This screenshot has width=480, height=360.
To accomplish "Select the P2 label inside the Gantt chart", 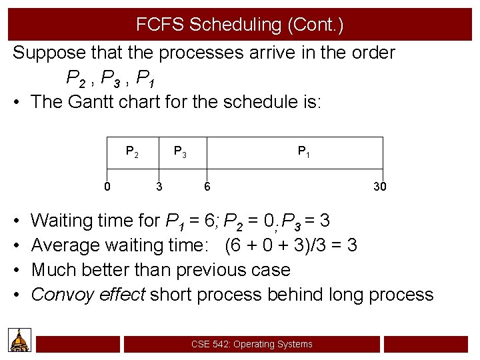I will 132,152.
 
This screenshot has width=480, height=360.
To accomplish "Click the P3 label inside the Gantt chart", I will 180,152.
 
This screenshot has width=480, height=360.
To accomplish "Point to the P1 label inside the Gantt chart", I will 303,152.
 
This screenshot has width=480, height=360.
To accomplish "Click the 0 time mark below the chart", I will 107,186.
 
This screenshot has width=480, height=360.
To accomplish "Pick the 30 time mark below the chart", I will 379,187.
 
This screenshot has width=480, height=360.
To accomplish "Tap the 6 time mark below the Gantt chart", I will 207,187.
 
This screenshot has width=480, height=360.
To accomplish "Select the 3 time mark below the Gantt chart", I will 159,187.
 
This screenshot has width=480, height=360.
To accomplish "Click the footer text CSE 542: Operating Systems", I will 251,344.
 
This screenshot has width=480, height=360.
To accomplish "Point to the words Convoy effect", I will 88,295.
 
